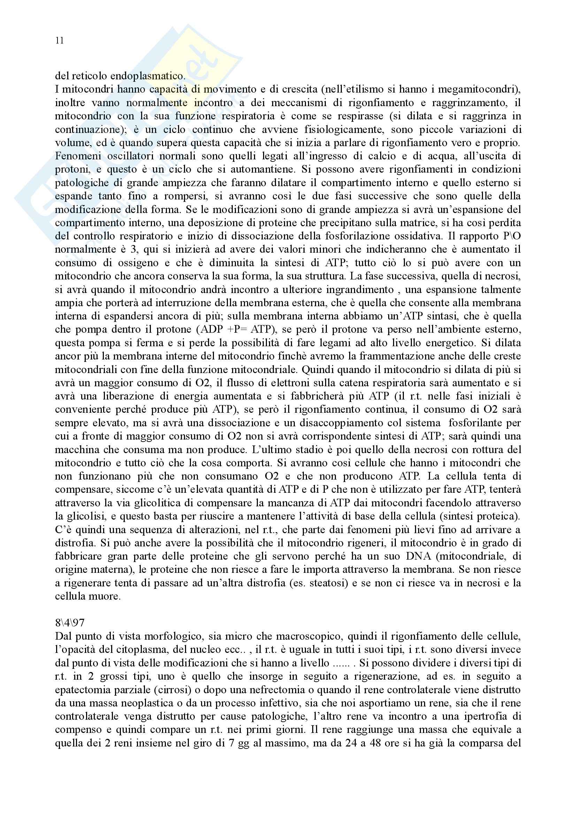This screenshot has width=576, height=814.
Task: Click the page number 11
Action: click(60, 41)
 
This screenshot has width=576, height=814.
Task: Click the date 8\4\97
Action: click(70, 623)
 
